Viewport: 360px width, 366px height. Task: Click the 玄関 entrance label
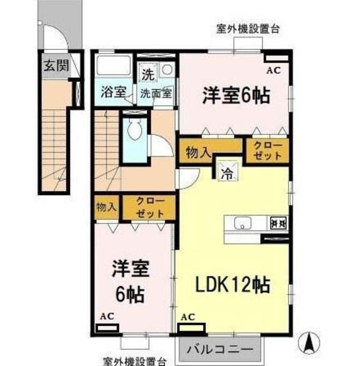tap(57, 66)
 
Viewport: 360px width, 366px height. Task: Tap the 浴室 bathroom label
tap(114, 92)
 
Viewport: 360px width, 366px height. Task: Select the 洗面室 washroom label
tap(156, 93)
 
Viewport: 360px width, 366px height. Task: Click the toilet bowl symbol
tap(135, 130)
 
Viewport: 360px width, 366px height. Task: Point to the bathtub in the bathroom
tap(114, 65)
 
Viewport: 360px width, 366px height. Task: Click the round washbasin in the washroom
tap(167, 70)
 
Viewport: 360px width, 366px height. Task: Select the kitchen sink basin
tap(242, 224)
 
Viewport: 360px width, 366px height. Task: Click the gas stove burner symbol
tap(278, 223)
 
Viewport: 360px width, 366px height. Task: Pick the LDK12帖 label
tap(233, 285)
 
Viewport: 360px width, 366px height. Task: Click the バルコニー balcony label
tap(220, 349)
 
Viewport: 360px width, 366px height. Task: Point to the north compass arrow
tap(309, 343)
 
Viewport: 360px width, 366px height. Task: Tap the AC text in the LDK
tap(187, 317)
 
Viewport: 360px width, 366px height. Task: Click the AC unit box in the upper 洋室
tap(277, 58)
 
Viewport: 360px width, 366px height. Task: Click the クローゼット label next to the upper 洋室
tap(267, 150)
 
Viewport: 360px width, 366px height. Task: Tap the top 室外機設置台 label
tap(248, 29)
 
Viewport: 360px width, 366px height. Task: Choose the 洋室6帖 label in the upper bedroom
tap(236, 96)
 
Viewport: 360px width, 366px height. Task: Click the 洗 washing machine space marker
tap(149, 75)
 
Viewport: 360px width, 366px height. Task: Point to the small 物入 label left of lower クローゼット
tap(106, 207)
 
